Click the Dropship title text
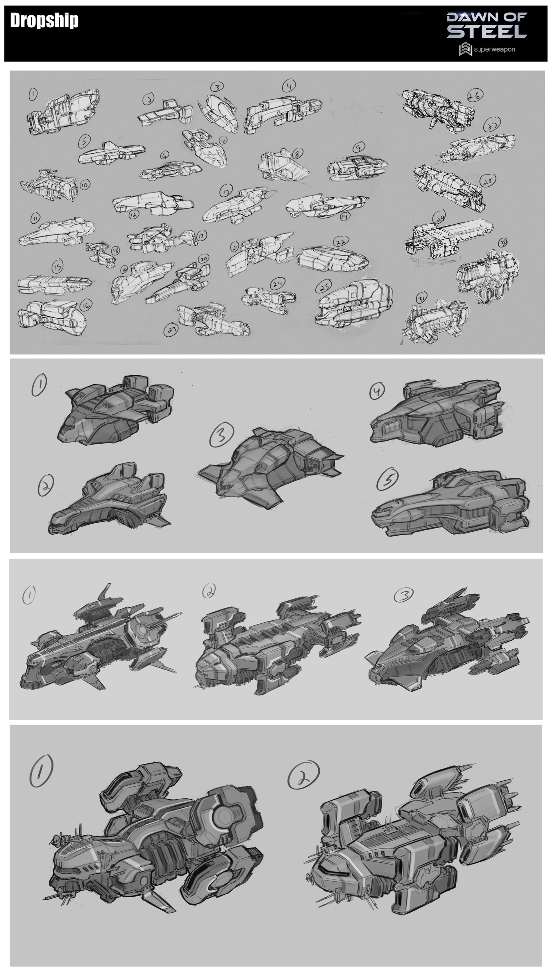click(44, 20)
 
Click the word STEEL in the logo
click(487, 31)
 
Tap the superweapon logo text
click(494, 49)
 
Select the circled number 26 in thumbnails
click(475, 95)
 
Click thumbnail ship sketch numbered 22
click(332, 259)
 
